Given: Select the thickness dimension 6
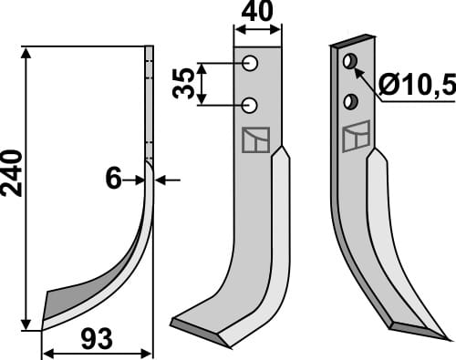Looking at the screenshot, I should [112, 180].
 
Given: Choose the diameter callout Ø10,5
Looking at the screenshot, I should [414, 87].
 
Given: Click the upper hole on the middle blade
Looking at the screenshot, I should [249, 64].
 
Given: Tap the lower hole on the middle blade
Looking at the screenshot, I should [249, 104].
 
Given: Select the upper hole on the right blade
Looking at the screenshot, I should [347, 61].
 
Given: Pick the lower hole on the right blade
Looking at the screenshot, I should [348, 98].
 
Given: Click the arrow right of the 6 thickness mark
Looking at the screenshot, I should [163, 180].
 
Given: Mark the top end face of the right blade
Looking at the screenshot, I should [353, 42].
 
